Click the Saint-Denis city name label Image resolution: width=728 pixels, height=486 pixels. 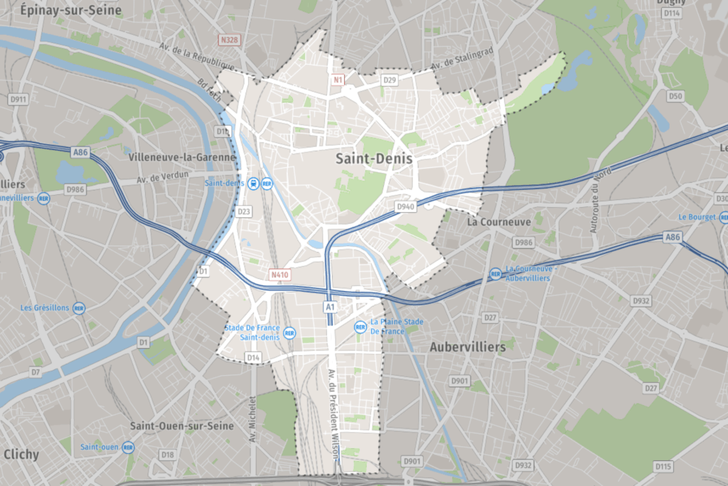(x=374, y=159)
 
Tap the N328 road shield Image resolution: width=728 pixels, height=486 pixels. (x=230, y=41)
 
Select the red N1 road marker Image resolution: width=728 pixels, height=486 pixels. (x=338, y=80)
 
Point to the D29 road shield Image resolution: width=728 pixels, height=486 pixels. (x=389, y=80)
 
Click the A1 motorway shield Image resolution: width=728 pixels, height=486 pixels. (x=329, y=307)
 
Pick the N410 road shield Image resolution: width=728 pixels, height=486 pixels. (x=279, y=274)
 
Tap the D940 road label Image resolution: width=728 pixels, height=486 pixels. (x=405, y=206)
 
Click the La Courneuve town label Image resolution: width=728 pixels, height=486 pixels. (x=499, y=222)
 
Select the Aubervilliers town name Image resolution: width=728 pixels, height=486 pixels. (x=467, y=347)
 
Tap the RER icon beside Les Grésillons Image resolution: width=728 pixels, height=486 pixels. (x=79, y=308)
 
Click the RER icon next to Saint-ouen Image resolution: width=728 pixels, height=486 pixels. (x=128, y=447)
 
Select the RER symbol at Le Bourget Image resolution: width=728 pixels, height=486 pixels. (x=723, y=217)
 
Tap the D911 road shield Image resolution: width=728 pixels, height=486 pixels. (x=18, y=100)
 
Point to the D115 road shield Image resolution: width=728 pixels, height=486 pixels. (x=663, y=467)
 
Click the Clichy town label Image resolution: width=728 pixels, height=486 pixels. (x=21, y=454)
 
